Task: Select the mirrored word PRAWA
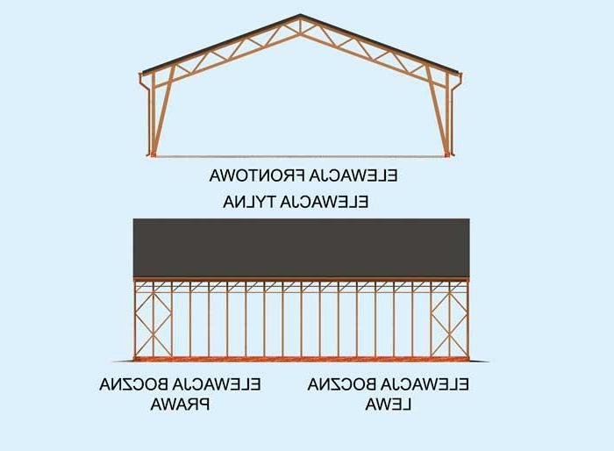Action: [x=180, y=404]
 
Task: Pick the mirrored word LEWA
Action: [x=388, y=404]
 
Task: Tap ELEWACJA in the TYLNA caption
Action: [x=325, y=202]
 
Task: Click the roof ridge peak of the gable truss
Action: [x=300, y=15]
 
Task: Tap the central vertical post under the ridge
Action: [x=300, y=25]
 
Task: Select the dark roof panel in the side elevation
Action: [x=301, y=247]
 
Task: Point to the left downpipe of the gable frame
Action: [x=146, y=114]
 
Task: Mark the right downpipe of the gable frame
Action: [x=456, y=114]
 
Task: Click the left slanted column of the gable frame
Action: [x=162, y=111]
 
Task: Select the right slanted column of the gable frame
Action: [x=438, y=111]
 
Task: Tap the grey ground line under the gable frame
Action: [x=300, y=157]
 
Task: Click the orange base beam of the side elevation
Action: [x=301, y=359]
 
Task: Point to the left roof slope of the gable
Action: [x=221, y=44]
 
